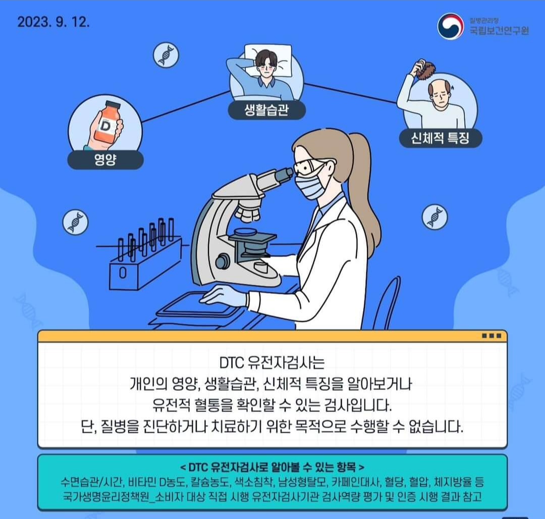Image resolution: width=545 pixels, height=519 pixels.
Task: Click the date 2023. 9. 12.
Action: (53, 22)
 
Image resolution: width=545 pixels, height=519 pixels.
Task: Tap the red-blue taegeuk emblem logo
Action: (450, 26)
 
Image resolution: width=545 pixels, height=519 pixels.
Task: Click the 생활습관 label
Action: (266, 110)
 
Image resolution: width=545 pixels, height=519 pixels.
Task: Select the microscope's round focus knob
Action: (222, 262)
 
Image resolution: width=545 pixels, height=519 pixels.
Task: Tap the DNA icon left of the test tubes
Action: (75, 222)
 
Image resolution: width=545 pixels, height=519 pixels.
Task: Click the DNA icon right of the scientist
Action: (434, 217)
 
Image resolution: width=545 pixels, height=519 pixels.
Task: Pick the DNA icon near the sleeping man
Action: (166, 54)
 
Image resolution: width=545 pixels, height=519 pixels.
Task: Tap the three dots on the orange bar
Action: (492, 336)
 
